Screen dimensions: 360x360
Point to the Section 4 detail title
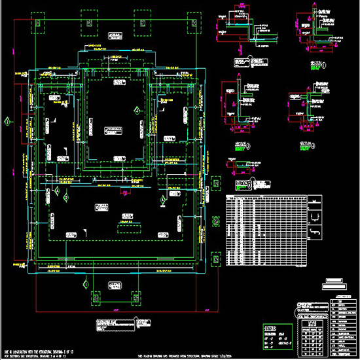pos(305,145)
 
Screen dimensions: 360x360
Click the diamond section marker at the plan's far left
pos(7,122)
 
